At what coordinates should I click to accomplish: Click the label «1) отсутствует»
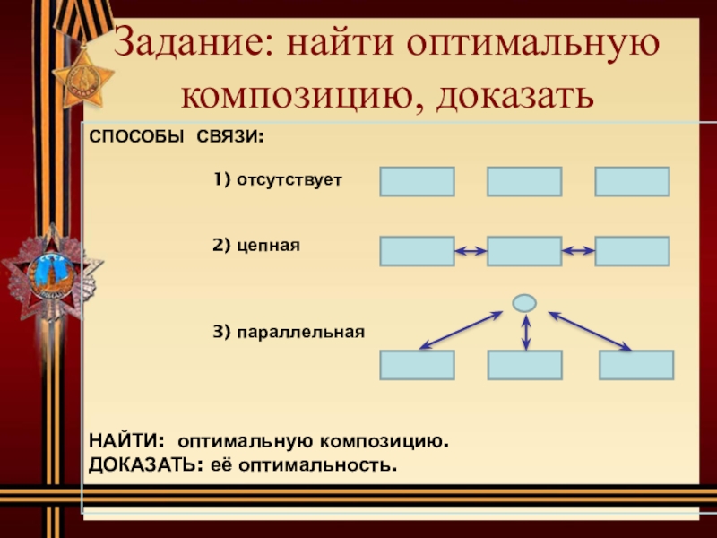pos(278,181)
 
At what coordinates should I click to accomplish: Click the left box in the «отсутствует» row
pos(417,181)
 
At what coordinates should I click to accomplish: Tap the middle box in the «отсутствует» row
pos(524,181)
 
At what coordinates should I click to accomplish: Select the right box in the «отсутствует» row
pos(632,181)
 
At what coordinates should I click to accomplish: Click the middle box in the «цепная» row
pos(524,251)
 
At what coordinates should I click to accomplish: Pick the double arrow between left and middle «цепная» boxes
pos(471,252)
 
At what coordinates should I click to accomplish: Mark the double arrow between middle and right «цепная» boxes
pos(578,252)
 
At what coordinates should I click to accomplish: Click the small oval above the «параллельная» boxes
pos(524,303)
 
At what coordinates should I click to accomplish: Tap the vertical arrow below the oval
pos(525,332)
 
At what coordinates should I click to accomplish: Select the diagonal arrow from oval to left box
pos(461,330)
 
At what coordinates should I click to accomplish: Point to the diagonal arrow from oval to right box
pos(590,330)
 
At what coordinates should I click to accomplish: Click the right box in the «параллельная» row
pos(636,365)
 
